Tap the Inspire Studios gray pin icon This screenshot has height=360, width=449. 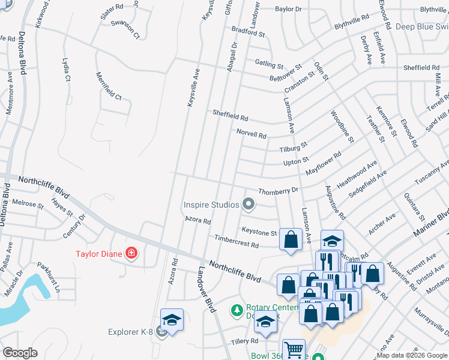pyautogui.click(x=247, y=205)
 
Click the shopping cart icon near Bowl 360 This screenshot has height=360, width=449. pyautogui.click(x=293, y=350)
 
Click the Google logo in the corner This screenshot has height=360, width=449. pyautogui.click(x=20, y=352)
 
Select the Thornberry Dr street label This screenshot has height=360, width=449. pyautogui.click(x=278, y=191)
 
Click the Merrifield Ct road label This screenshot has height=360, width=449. pyautogui.click(x=109, y=86)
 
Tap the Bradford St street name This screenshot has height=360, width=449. pyautogui.click(x=248, y=31)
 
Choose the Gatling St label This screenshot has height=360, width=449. pyautogui.click(x=268, y=63)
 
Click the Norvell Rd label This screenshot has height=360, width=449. pyautogui.click(x=251, y=134)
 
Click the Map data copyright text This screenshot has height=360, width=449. pyautogui.click(x=397, y=355)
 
